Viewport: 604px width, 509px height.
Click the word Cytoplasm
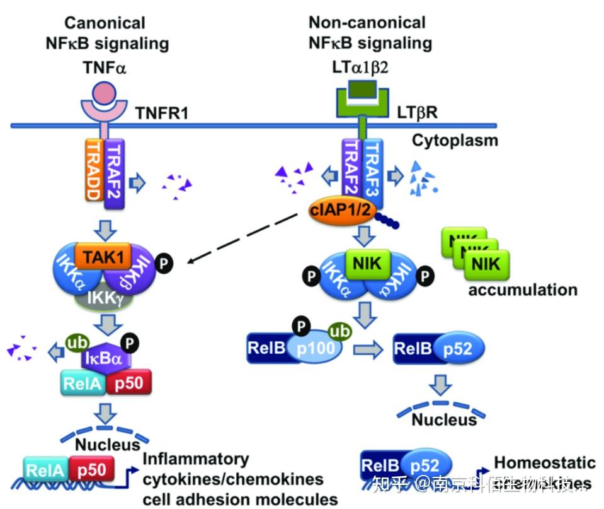pyautogui.click(x=455, y=139)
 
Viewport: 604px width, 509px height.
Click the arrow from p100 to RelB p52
pyautogui.click(x=368, y=349)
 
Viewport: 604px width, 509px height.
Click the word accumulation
pyautogui.click(x=522, y=290)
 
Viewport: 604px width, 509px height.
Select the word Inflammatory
pyautogui.click(x=196, y=459)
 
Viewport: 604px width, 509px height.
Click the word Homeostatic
pyautogui.click(x=545, y=462)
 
